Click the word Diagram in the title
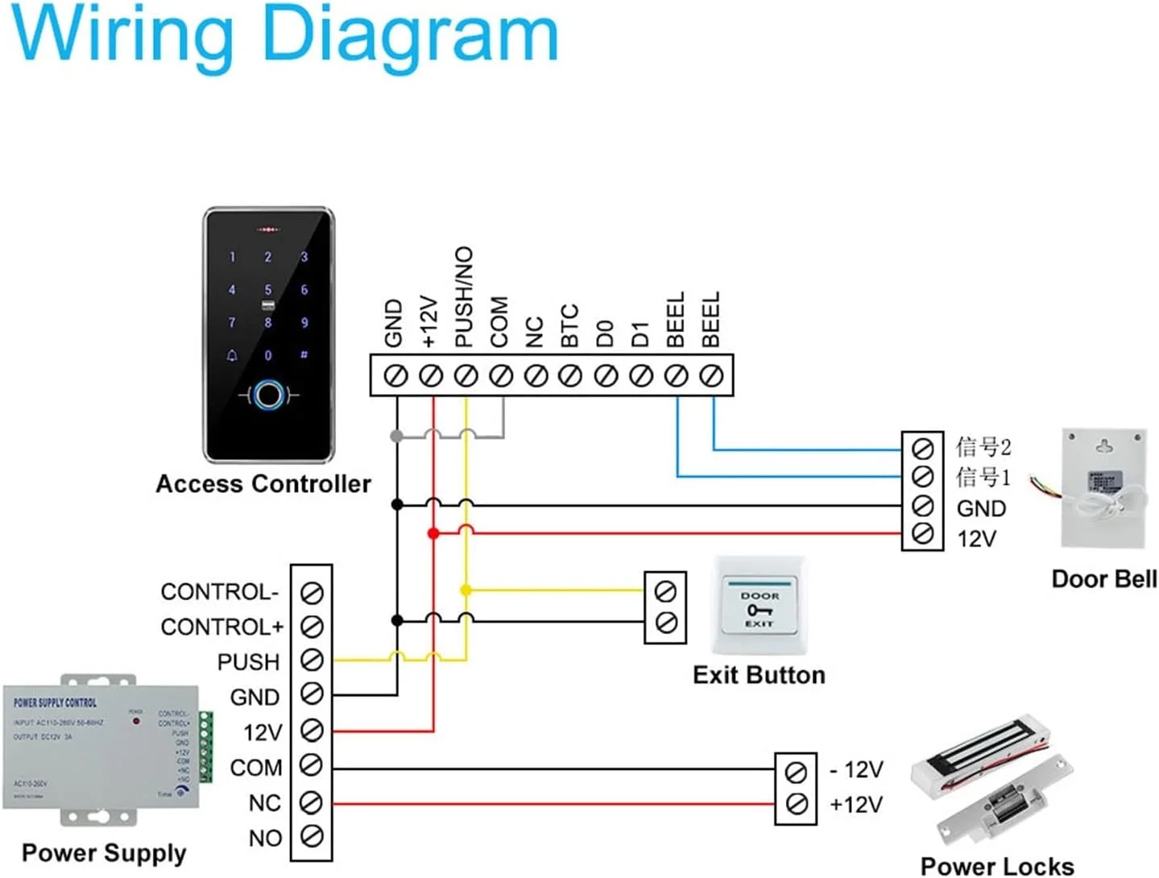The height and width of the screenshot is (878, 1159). [x=411, y=36]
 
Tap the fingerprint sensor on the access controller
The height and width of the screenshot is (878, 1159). [x=268, y=395]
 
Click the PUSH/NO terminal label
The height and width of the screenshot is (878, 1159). [x=464, y=296]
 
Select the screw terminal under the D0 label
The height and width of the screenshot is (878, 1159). [x=606, y=375]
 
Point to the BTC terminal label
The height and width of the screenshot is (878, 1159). [x=569, y=325]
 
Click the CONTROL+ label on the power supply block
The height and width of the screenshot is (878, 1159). [x=221, y=627]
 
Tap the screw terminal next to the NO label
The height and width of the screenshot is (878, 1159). [x=312, y=836]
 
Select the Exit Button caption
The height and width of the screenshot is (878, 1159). [x=759, y=675]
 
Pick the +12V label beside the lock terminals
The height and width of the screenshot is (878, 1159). [x=856, y=804]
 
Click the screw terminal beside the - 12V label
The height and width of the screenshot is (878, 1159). [x=796, y=772]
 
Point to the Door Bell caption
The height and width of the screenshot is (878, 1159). [x=1103, y=579]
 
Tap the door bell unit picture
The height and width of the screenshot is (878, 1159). [x=1103, y=488]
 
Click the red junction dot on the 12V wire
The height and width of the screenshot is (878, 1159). [x=433, y=533]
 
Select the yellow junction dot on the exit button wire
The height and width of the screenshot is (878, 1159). [x=466, y=590]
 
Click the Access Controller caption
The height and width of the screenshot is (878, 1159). [x=263, y=484]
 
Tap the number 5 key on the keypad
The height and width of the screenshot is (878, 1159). [x=268, y=289]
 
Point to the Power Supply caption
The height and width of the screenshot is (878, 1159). [x=104, y=852]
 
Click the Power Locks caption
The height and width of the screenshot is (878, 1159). [x=997, y=866]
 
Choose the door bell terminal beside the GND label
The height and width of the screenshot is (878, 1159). [x=922, y=506]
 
